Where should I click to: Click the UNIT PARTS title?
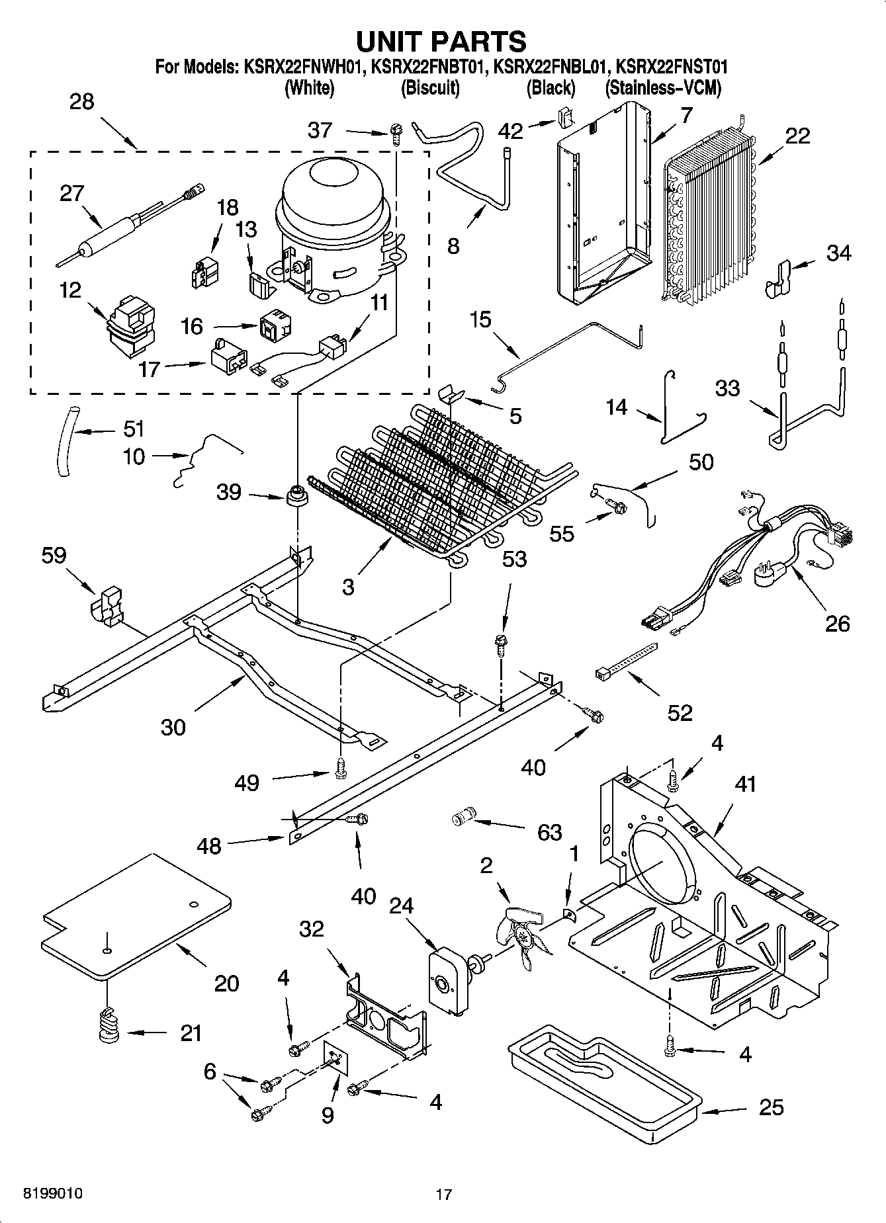click(x=441, y=41)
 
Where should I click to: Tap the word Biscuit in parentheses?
click(x=430, y=87)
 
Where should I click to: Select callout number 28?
click(x=81, y=102)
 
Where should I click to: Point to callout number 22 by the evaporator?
click(x=797, y=136)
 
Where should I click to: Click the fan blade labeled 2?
click(x=523, y=938)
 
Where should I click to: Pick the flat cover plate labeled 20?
click(x=136, y=916)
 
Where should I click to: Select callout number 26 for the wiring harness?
click(x=837, y=623)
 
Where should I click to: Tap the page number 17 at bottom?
click(x=443, y=1195)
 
